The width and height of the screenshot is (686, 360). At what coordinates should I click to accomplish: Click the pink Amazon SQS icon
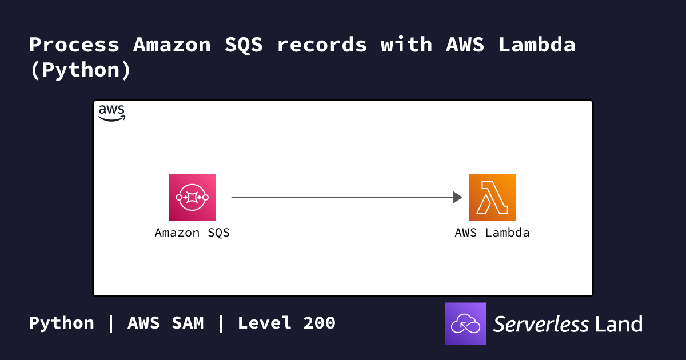click(192, 197)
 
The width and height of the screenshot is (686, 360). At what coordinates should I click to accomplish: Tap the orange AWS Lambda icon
click(492, 197)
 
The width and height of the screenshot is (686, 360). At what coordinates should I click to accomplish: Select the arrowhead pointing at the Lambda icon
click(457, 198)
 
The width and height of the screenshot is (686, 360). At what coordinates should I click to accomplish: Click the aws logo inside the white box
click(111, 113)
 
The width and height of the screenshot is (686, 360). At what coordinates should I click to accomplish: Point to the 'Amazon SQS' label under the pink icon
click(192, 233)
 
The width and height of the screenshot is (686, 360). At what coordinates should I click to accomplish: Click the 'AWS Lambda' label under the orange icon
click(492, 233)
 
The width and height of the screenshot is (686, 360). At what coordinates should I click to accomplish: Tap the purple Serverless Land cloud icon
click(465, 323)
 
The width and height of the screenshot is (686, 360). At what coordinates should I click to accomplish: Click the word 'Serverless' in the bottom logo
click(541, 324)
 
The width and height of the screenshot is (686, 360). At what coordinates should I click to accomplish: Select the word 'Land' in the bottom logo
click(619, 324)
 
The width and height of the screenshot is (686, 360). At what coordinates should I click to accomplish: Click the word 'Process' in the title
click(74, 45)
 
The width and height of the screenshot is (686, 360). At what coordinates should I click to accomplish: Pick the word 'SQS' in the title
click(244, 45)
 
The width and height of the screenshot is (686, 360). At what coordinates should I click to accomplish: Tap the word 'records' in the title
click(321, 45)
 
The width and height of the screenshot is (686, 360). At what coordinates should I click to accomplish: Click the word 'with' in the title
click(406, 45)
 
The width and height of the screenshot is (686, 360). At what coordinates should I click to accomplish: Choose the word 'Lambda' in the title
click(537, 45)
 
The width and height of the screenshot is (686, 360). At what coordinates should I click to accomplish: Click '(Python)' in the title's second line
click(81, 70)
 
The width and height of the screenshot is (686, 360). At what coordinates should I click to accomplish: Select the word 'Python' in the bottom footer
click(62, 323)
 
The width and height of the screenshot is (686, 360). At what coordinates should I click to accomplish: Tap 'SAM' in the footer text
click(188, 323)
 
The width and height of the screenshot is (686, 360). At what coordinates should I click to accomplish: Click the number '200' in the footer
click(320, 323)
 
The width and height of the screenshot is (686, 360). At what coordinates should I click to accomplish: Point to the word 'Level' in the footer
click(265, 323)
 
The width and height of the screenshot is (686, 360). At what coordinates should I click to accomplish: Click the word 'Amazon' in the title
click(172, 45)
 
